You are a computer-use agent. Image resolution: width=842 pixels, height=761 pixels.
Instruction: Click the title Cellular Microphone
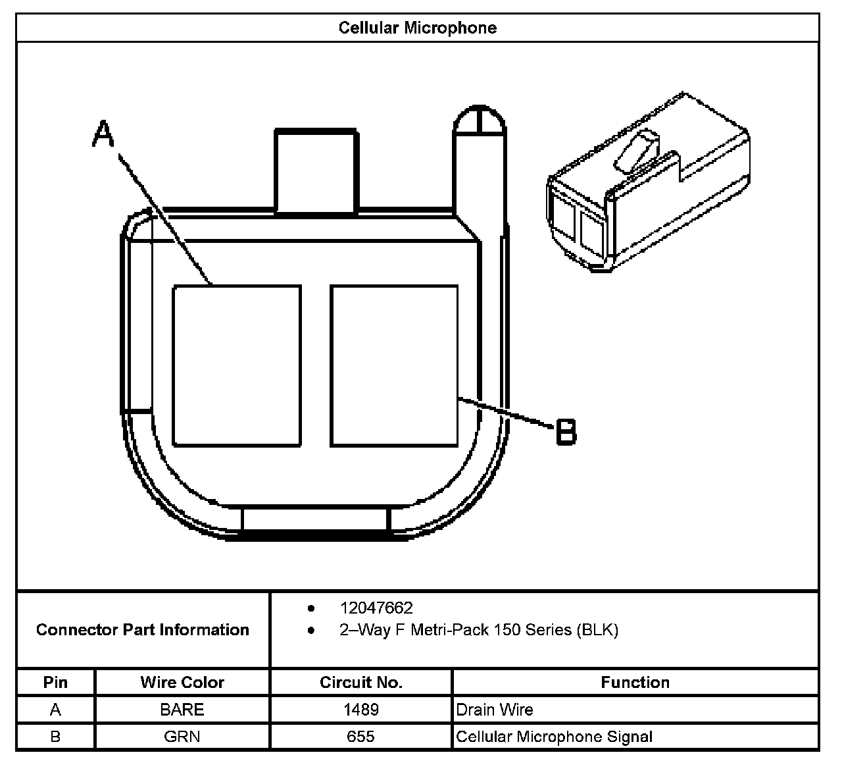tap(417, 28)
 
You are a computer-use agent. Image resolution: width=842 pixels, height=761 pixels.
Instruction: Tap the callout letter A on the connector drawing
tap(103, 134)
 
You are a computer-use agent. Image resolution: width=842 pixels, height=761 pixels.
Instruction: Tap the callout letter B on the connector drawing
tap(566, 432)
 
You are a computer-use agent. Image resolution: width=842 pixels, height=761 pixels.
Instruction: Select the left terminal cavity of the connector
tap(237, 365)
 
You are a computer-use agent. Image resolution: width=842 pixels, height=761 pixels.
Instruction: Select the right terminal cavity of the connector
tap(394, 365)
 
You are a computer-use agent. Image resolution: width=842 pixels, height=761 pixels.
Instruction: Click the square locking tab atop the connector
tap(316, 171)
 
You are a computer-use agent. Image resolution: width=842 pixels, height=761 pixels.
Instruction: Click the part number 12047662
tap(376, 608)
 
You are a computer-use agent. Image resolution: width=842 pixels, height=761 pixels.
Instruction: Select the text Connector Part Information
tap(143, 630)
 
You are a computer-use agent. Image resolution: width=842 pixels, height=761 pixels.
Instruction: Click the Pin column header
tap(55, 682)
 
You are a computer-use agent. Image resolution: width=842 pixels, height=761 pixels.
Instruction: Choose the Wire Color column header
tap(182, 682)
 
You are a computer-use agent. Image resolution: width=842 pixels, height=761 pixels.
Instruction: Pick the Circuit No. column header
tap(360, 682)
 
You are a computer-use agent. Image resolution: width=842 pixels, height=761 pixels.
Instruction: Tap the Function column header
tap(635, 682)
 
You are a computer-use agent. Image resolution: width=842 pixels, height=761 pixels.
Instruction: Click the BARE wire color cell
tap(182, 710)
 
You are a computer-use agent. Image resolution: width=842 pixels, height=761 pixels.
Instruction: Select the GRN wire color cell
tap(182, 737)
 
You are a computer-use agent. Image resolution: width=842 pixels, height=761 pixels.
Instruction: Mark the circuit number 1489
tap(360, 710)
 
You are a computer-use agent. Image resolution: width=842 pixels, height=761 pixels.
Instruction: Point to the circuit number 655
tap(360, 737)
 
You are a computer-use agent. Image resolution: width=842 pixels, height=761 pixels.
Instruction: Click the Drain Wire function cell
tap(494, 710)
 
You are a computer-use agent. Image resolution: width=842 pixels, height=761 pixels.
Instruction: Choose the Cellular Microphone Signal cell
tap(554, 737)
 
